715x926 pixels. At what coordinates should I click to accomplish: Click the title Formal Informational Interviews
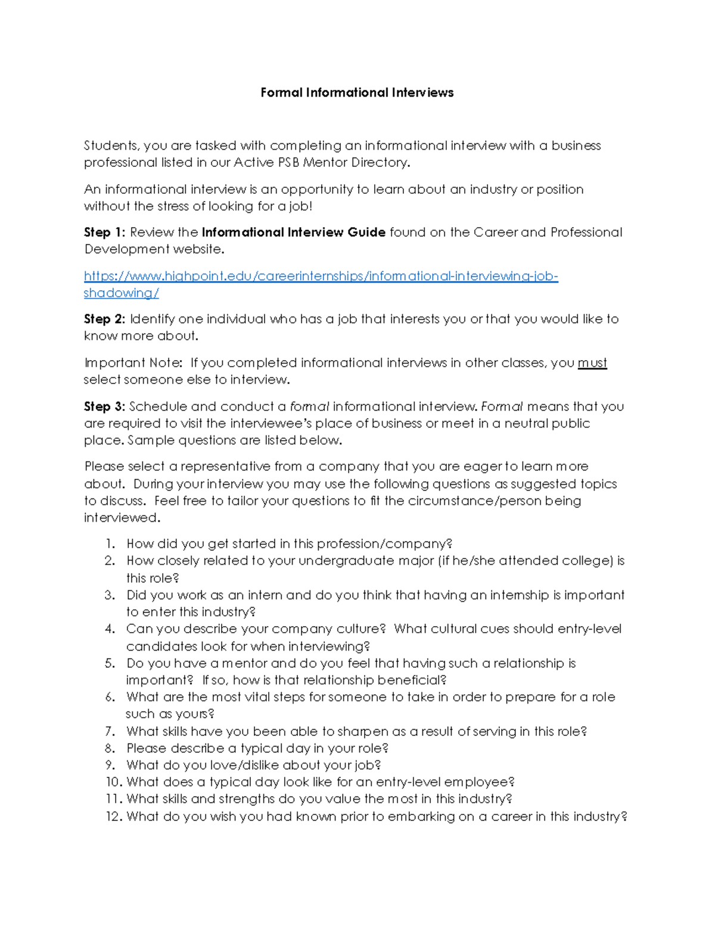pyautogui.click(x=357, y=92)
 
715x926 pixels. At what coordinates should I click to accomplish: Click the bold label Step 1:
pyautogui.click(x=104, y=233)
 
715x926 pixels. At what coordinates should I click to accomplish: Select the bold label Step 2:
pyautogui.click(x=104, y=319)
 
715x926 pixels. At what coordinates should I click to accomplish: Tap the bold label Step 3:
pyautogui.click(x=104, y=407)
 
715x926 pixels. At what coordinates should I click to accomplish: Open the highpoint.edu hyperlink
pyautogui.click(x=321, y=276)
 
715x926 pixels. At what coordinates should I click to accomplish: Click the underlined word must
pyautogui.click(x=592, y=363)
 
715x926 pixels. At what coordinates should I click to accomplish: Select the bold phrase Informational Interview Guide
pyautogui.click(x=294, y=233)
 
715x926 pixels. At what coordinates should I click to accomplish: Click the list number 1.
pyautogui.click(x=110, y=544)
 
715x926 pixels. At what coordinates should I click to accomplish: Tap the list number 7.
pyautogui.click(x=110, y=732)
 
